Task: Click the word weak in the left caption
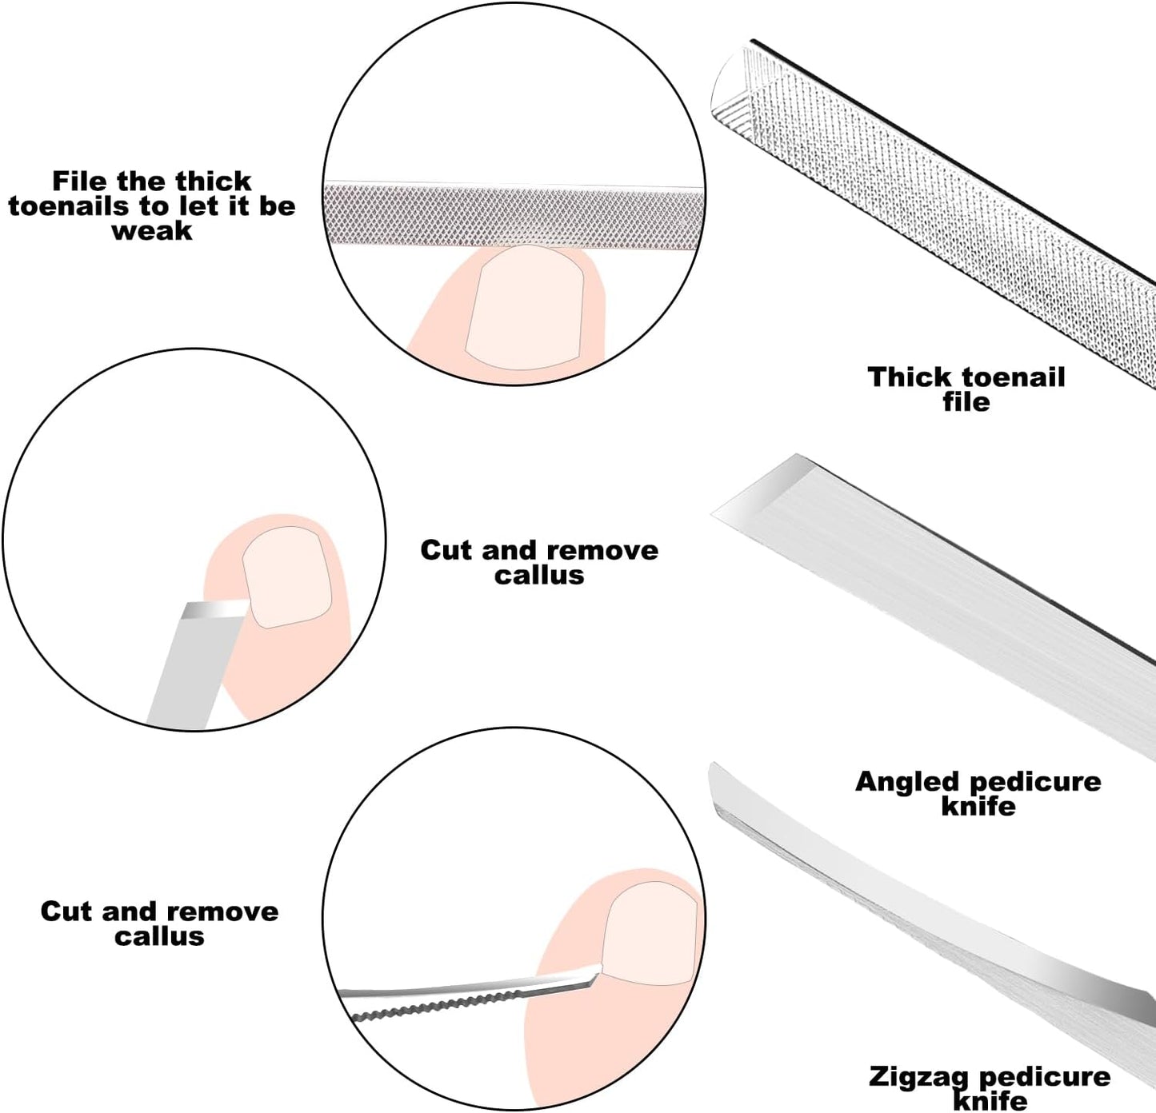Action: click(152, 231)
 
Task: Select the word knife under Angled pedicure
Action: click(978, 806)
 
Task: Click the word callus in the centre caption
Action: click(539, 575)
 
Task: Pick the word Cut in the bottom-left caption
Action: click(66, 912)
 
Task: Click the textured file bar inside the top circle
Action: click(512, 214)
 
